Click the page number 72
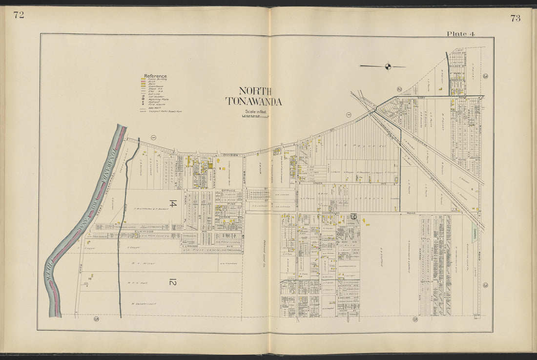pos(19,15)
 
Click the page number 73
pos(516,18)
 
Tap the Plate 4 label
pos(461,34)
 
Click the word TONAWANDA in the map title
pos(253,102)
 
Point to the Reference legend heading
pos(155,76)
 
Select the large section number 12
pos(172,281)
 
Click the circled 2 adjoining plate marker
pos(399,89)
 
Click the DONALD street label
pos(429,282)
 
